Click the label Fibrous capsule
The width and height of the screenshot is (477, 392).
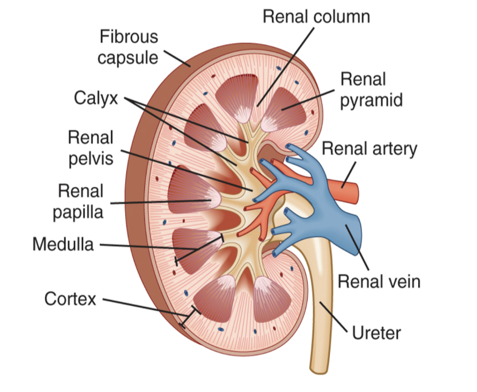pos(128,47)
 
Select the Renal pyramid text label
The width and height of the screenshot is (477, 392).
pos(371,89)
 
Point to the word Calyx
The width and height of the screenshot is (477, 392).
pos(96,98)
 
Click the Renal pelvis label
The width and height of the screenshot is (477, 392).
pos(91,148)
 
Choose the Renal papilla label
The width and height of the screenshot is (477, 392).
pos(81,201)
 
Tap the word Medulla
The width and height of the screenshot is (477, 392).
pos(63,244)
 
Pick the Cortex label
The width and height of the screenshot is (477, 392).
pos(70,298)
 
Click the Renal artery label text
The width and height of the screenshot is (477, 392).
pos(369,148)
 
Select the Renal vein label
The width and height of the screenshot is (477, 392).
pos(379,281)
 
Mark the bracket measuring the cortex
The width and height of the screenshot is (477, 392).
pos(189,317)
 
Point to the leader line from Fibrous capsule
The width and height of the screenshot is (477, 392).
pos(177,57)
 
